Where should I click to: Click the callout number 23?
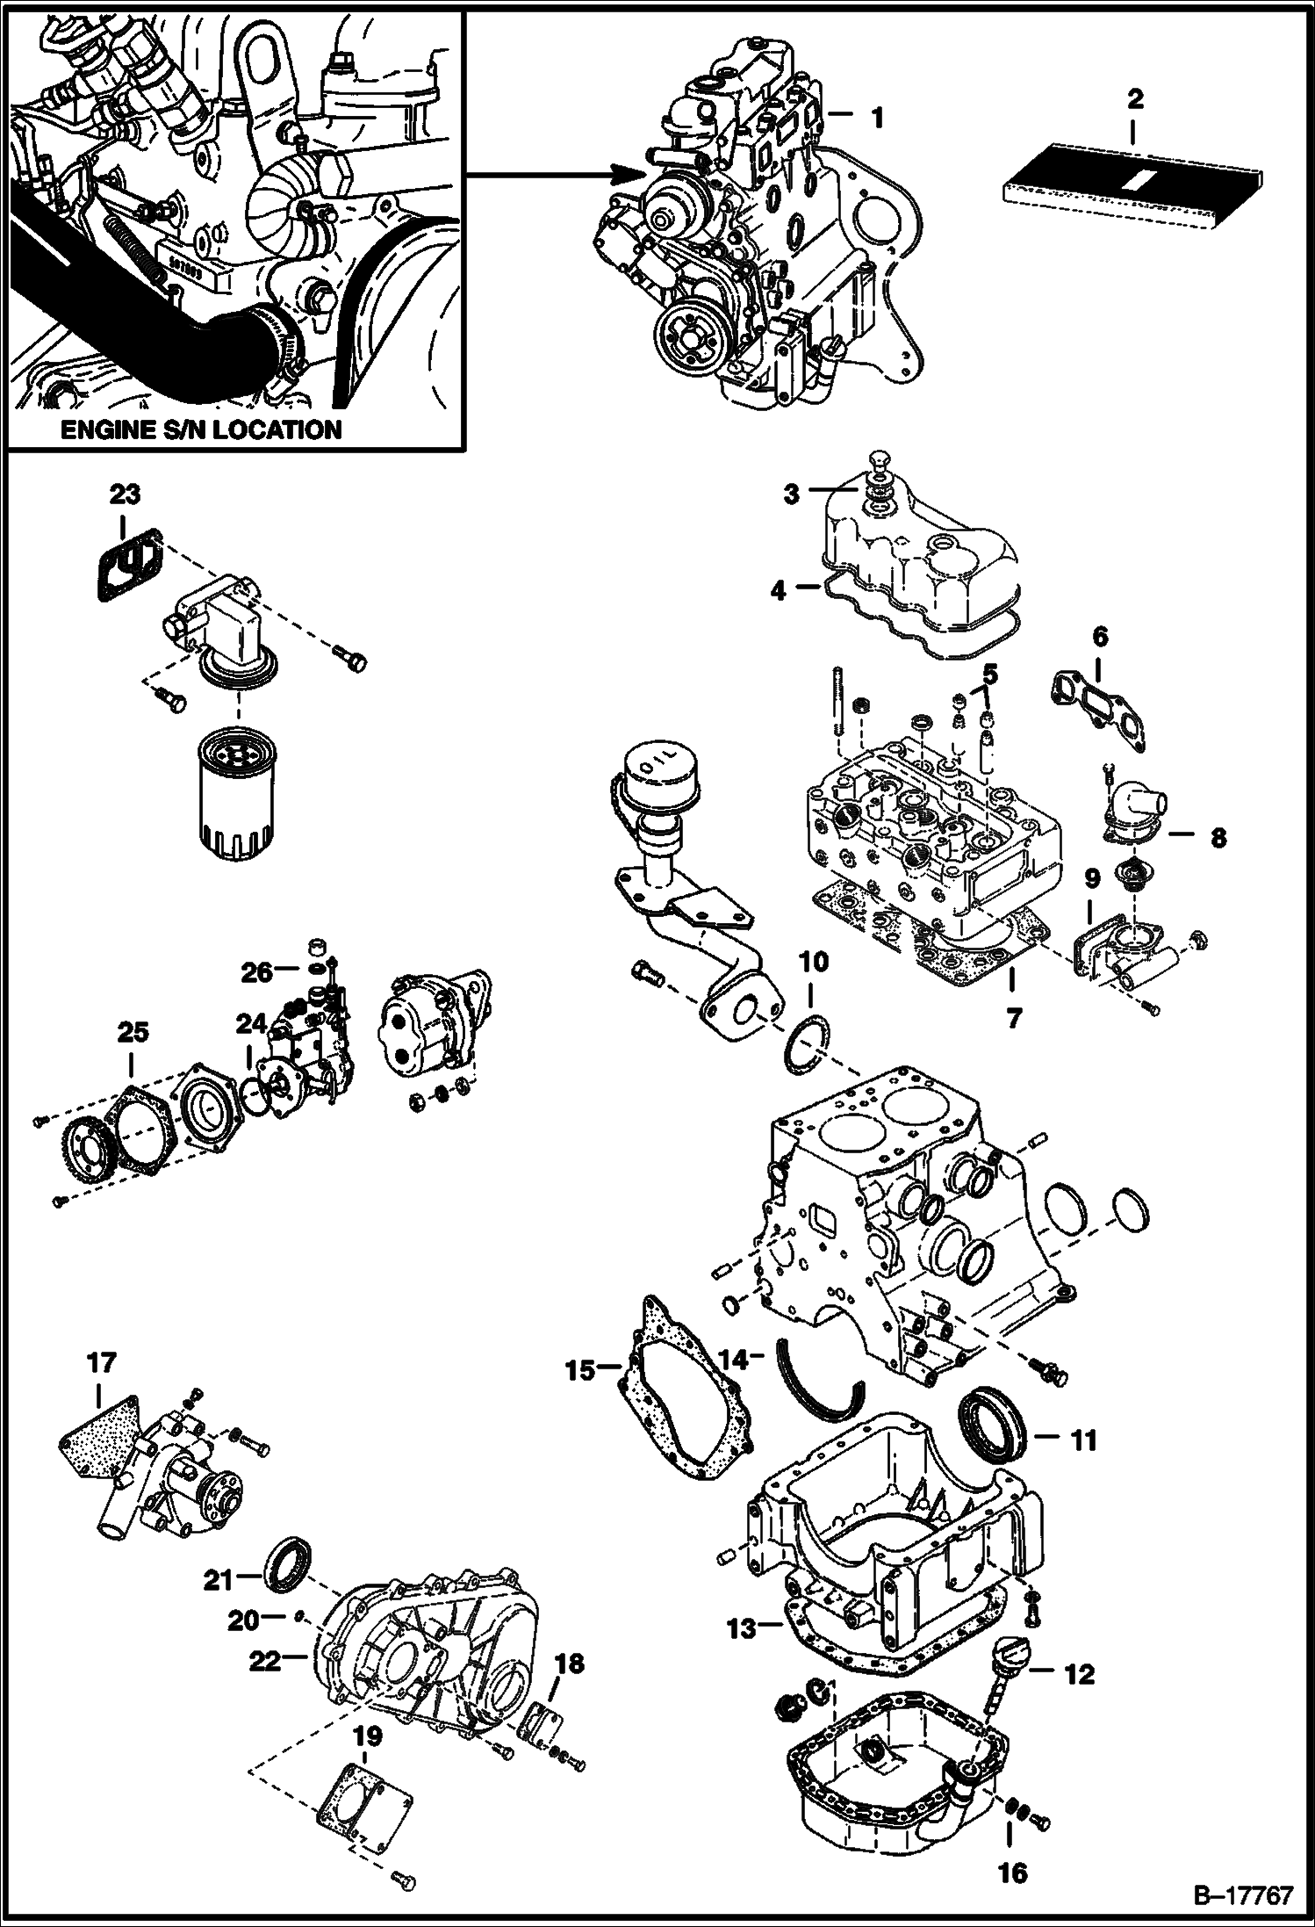125,494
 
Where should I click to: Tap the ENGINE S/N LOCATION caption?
212,429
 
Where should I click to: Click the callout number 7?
1013,1018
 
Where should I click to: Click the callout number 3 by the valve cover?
792,494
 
